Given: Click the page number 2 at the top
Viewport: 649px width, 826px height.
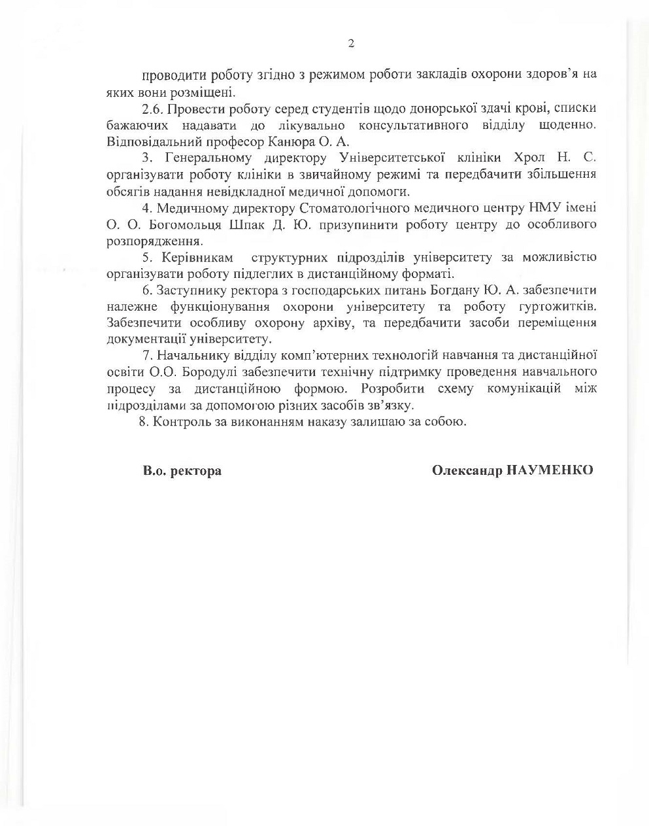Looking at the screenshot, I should pos(351,44).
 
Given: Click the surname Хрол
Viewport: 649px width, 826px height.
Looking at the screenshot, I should pos(531,158).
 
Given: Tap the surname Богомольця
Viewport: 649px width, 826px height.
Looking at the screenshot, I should pos(168,224).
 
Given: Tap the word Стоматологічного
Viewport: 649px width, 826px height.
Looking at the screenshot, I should pos(348,208).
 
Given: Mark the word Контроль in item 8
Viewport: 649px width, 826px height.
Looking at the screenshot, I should pos(178,421).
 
